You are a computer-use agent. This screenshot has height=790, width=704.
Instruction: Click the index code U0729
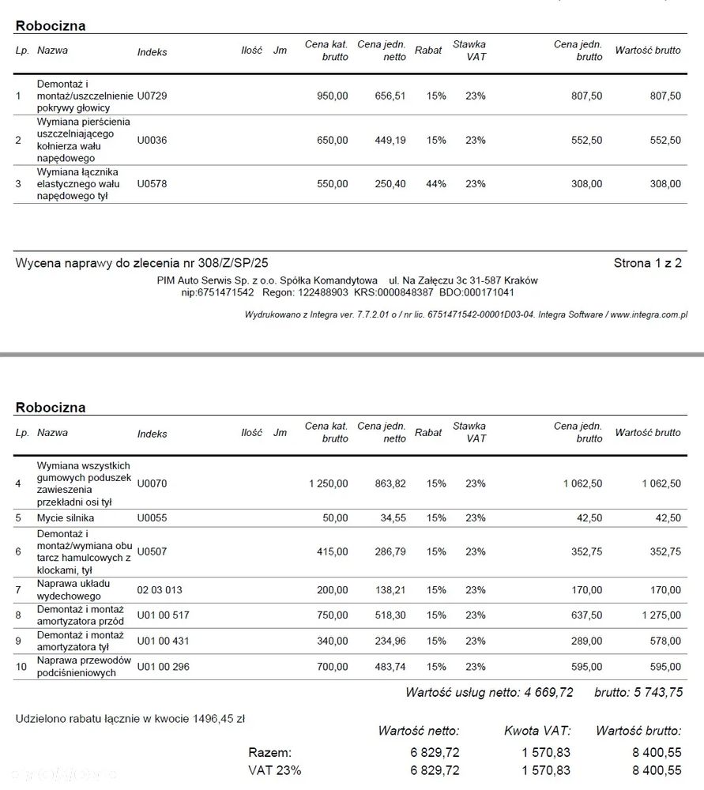click(152, 96)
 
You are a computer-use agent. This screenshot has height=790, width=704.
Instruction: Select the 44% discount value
click(436, 184)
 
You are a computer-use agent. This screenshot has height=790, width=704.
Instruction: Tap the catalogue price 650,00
click(332, 141)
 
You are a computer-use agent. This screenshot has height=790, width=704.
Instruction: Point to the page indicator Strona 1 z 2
click(647, 263)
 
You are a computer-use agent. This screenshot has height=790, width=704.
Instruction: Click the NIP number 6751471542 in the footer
click(229, 292)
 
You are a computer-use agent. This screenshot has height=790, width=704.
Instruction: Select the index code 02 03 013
click(160, 590)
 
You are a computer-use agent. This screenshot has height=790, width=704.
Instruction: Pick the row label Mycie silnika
click(66, 518)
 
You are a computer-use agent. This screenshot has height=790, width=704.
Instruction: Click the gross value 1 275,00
click(661, 615)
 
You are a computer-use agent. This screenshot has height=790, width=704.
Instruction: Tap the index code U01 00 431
click(164, 641)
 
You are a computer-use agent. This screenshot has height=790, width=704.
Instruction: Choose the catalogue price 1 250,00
click(328, 483)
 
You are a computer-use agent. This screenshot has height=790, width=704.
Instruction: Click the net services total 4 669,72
click(548, 693)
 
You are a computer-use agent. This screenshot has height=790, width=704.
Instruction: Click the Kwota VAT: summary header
click(537, 732)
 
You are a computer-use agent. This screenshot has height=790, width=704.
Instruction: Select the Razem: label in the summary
click(269, 753)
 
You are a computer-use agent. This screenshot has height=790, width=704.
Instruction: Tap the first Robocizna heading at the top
click(51, 25)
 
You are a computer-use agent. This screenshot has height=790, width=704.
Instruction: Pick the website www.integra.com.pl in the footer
click(649, 314)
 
